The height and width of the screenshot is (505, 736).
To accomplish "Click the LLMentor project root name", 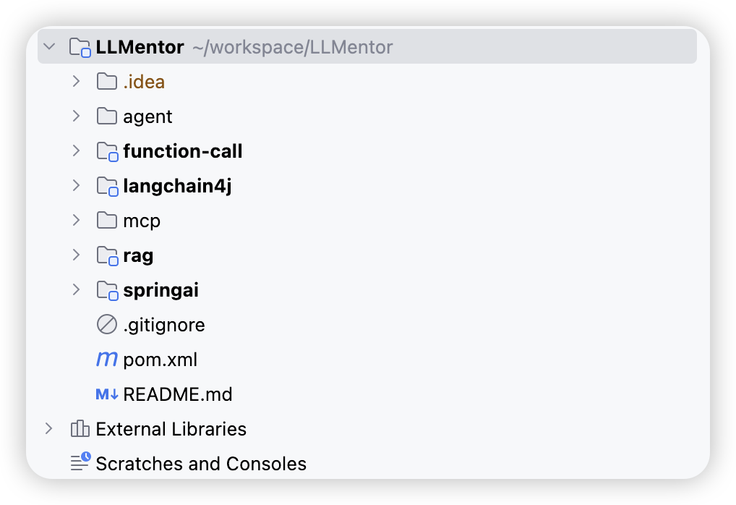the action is pos(140,47).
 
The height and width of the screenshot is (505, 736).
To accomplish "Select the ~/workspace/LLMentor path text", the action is pos(292,47).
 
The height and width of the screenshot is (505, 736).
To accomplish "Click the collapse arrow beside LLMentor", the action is pos(49,46).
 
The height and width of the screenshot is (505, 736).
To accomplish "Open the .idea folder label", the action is pos(144,82).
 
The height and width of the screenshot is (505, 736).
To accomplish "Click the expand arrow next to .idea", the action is pos(76,81).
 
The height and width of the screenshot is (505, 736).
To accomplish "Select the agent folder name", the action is pos(147,117).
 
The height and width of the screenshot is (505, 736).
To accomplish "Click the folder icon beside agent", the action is pos(107,116).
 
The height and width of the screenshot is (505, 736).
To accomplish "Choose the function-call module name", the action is pos(183,151).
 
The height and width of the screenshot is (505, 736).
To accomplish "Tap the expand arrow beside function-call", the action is pos(76,150).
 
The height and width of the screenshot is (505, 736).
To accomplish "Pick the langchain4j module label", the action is pos(177,187).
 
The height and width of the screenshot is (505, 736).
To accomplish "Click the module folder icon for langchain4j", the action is pos(108,187).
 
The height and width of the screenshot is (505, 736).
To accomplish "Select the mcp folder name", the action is pos(142,221).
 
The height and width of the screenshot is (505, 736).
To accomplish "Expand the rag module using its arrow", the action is pos(76,255).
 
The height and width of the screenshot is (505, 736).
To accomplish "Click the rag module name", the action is pos(138,256).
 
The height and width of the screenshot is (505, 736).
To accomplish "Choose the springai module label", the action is pos(161,291).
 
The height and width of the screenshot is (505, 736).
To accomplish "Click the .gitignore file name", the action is pos(164,325).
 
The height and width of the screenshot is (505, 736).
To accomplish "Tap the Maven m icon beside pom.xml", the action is pos(107,360).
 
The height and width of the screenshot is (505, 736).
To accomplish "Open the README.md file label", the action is pos(177,394).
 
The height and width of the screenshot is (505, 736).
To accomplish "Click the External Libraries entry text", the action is pos(171,429).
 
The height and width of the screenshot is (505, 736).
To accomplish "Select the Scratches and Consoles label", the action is pos(201,464).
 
